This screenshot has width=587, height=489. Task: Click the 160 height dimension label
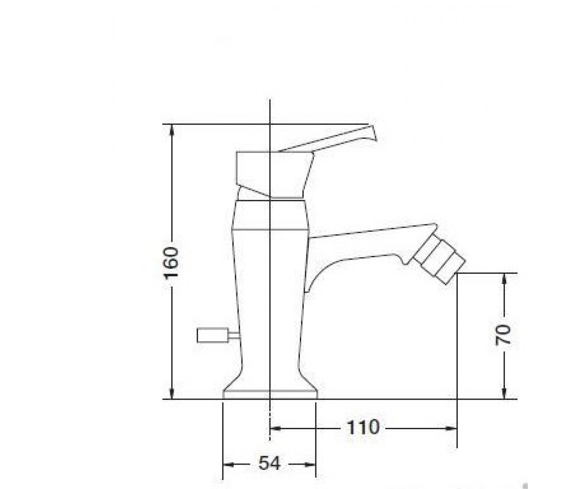(x=171, y=263)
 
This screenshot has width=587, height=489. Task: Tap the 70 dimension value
(x=503, y=334)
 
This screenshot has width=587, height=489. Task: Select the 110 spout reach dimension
(x=363, y=427)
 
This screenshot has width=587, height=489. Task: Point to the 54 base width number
(x=270, y=463)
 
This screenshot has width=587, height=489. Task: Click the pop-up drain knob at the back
(x=212, y=335)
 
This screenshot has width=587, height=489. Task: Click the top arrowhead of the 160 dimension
(x=172, y=130)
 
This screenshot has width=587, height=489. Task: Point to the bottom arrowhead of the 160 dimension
(x=172, y=393)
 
